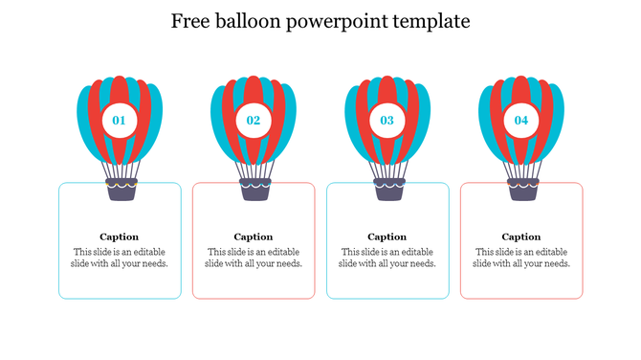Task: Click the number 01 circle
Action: [120, 121]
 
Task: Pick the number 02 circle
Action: [254, 121]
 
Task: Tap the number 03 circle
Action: [387, 121]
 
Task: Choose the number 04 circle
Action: [521, 121]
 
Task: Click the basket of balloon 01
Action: [120, 190]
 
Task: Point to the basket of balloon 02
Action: [254, 190]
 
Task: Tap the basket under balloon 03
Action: [387, 190]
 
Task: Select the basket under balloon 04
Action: [521, 190]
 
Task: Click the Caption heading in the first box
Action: [120, 236]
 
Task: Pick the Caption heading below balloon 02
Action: [254, 236]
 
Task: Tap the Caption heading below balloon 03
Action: [387, 236]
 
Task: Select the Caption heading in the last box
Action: [521, 236]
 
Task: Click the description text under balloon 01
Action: [120, 258]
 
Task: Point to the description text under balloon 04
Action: [521, 258]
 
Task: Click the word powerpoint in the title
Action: [340, 21]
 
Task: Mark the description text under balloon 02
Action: [254, 258]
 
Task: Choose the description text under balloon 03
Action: [387, 258]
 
